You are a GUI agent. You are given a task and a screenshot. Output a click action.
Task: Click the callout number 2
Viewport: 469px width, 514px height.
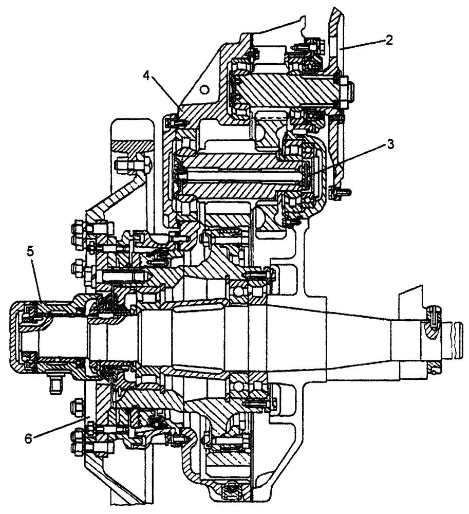point(390,41)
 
